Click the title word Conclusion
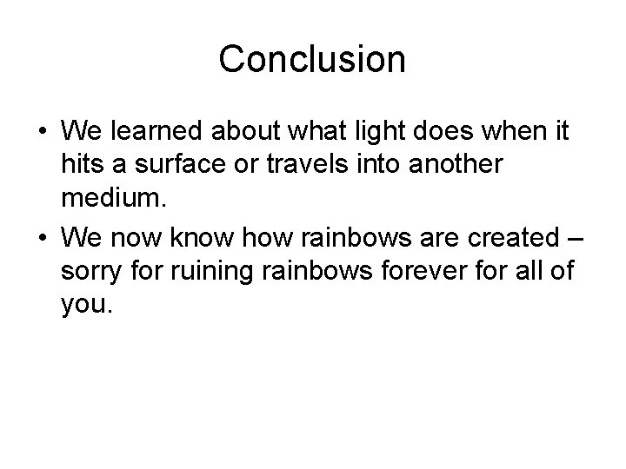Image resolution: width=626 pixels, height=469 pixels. [x=312, y=60]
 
